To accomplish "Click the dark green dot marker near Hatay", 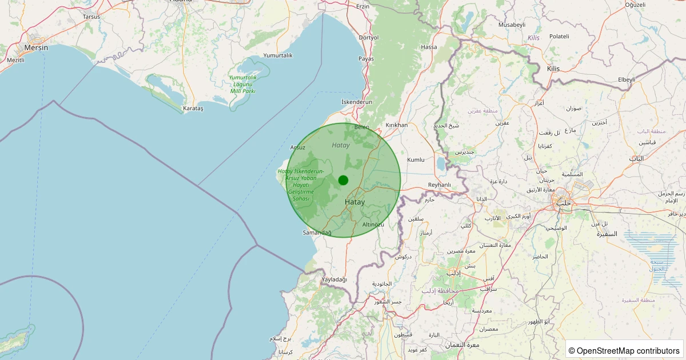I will coord(343,180).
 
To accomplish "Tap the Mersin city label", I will coord(35,48).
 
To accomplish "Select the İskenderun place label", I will coord(356,102).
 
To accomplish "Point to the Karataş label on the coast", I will coord(193,108).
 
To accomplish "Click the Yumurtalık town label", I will coord(278,55).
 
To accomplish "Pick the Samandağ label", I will coord(317,233).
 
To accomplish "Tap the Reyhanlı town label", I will coord(440,185).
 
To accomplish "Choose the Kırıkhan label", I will coord(397,125).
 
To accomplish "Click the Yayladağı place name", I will coord(334,279).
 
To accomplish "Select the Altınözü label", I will coord(373,225).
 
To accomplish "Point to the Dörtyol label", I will coord(368,38).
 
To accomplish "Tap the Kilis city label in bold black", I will coord(553,69).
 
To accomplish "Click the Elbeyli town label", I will coord(627,79).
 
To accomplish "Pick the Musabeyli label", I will coord(512,25).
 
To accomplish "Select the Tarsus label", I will coord(91,17).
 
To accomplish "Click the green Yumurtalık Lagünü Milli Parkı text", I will coord(243,84).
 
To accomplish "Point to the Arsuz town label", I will coord(298,147).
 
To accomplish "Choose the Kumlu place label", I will coord(416,160).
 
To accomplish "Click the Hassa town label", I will coord(428,47).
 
